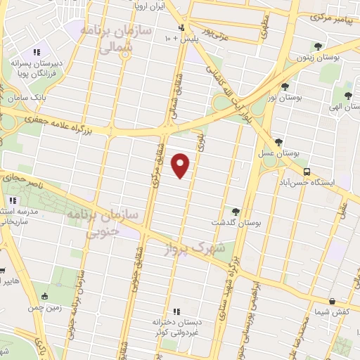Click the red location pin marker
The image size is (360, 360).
(181, 166)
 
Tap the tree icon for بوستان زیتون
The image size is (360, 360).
(319, 46)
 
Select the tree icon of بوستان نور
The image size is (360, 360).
(284, 87)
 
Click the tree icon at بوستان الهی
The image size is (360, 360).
(348, 95)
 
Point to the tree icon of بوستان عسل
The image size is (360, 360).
(278, 141)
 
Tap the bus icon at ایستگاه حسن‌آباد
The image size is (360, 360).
(306, 172)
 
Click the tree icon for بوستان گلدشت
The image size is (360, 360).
(236, 211)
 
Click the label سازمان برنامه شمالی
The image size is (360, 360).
(105, 39)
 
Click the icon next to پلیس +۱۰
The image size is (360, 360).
(182, 28)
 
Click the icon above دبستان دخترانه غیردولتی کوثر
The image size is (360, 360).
(177, 311)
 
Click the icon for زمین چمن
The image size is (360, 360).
(46, 296)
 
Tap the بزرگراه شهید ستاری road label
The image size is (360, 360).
(236, 278)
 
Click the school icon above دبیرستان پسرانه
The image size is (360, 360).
(37, 51)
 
